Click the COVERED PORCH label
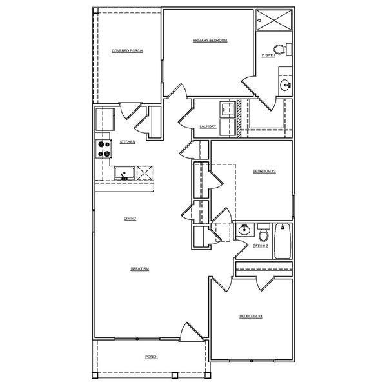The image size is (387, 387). coord(127,50)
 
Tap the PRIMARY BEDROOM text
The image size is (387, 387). coord(210,40)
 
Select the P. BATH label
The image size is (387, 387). coord(268,55)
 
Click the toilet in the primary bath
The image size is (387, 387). coord(280,48)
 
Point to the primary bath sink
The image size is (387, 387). coord(286,84)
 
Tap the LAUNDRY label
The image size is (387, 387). coord(208,126)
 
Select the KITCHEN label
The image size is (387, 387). coord(127,141)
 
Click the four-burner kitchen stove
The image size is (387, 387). coord(104,150)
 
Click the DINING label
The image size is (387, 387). coord(130,219)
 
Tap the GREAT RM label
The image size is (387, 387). coord(140,268)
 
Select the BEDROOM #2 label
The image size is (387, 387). coord(264,171)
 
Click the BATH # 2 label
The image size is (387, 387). coord(261,246)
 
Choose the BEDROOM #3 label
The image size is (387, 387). coord(250,316)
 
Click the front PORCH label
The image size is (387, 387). coord(151,357)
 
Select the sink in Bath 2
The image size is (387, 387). coord(244,230)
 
